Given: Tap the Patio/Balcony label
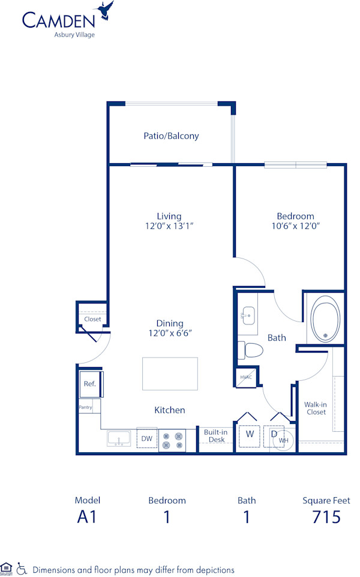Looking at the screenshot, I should point(171,136).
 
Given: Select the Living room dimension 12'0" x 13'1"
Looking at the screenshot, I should point(169,226).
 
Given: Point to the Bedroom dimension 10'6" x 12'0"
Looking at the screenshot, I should point(295,226).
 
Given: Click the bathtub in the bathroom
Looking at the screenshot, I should point(325,318).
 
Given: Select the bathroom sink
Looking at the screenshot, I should point(247,315).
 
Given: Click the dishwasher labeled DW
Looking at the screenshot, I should point(146,439).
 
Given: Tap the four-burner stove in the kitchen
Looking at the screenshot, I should point(172,440).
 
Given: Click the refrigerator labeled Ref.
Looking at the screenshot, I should point(90,384).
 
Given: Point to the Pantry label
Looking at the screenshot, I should point(85,407).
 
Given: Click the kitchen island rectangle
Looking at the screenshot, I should point(170,374).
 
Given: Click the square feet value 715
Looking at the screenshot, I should point(326,517).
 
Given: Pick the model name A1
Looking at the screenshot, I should point(87,517).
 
